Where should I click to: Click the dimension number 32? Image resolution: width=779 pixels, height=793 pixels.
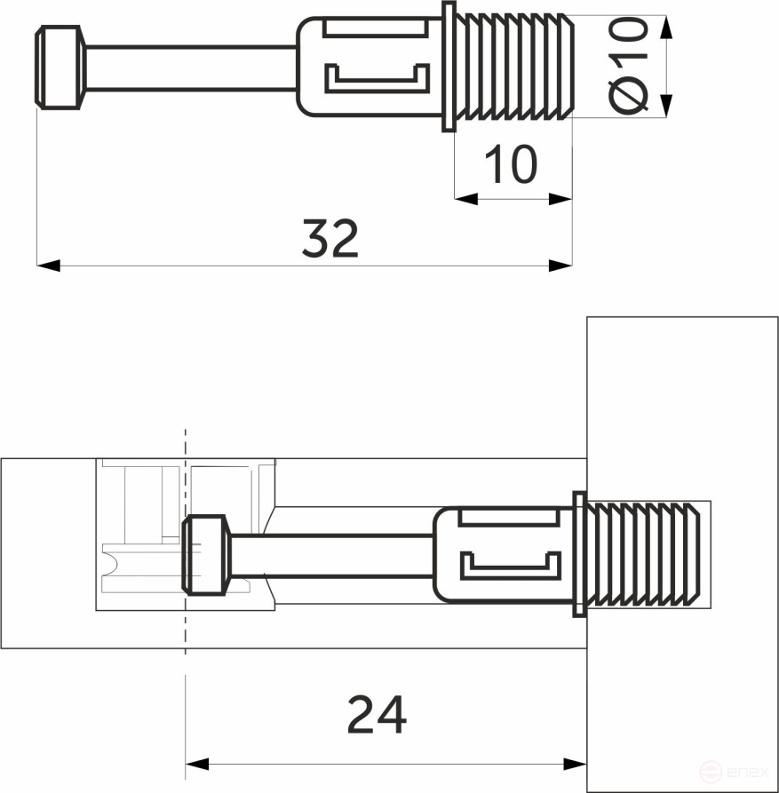pos(330,238)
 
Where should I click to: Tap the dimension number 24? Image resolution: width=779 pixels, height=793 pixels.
pos(377,715)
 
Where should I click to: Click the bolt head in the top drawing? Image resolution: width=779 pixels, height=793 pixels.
pos(59,67)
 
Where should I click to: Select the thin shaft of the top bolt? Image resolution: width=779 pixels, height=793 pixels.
pos(190,68)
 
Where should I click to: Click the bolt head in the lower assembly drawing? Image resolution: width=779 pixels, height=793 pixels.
pos(206,555)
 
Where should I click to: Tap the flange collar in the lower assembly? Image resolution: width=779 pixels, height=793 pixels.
pos(579,555)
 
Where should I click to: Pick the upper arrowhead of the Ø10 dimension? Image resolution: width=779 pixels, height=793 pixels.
pos(667,27)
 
